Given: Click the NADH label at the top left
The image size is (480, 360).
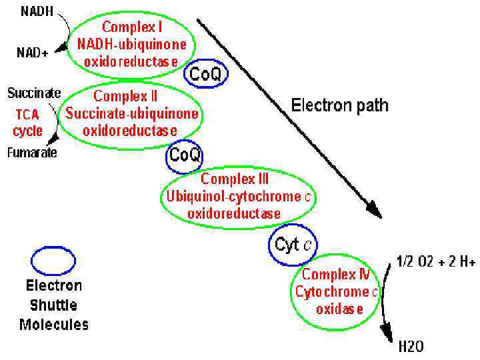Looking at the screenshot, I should pos(22,11).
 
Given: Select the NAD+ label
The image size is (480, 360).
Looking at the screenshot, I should pos(32,51).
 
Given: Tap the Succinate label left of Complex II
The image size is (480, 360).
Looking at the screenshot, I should pos(34,93).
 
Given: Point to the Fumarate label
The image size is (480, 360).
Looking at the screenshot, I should pos(32,152).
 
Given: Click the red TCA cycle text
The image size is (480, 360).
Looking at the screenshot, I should pos(27,122).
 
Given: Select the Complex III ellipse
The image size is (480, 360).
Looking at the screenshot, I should pos(238,196).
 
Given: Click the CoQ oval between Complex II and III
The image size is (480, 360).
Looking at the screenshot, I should pos(184,155).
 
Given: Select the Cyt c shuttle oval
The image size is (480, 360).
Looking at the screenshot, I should pos(293,244).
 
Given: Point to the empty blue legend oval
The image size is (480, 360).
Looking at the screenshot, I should pos(53,261).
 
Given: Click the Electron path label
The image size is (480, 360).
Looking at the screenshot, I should pos(339,105).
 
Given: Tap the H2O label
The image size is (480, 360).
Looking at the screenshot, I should pos(411,346).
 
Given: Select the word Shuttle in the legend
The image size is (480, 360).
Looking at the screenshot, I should pos(53,305).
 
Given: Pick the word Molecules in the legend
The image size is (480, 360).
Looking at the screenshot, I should pos(53,325).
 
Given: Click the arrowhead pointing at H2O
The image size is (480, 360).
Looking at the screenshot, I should pos(385,331).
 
